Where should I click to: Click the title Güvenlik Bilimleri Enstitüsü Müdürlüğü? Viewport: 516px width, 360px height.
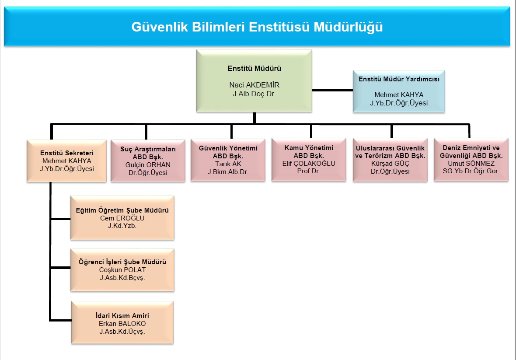257,27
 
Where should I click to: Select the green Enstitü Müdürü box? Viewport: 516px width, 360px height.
254,81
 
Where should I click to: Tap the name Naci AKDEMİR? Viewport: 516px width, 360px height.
255,85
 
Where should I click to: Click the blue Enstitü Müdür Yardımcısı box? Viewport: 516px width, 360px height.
399,91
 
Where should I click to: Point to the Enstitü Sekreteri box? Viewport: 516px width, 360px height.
67,161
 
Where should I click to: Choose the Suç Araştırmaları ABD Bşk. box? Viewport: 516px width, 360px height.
148,161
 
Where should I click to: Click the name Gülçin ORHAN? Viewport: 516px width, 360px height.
148,165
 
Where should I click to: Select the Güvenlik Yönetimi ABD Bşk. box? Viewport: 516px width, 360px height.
228,160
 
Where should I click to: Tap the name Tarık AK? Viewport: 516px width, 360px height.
228,164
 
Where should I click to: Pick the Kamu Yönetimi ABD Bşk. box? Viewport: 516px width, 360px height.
309,160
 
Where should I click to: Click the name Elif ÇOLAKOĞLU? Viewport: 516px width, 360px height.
309,164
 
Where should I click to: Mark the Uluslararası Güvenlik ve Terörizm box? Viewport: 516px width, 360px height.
390,160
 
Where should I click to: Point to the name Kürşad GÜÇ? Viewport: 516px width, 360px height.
390,164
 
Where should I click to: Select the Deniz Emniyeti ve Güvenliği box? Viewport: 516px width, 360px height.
471,160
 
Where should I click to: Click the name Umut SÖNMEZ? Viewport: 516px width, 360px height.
471,164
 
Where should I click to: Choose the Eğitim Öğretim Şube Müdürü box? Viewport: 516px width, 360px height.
122,218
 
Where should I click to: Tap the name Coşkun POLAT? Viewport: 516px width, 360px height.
122,270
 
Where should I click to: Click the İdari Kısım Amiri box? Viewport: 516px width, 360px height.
122,323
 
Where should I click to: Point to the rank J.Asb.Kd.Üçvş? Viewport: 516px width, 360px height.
122,332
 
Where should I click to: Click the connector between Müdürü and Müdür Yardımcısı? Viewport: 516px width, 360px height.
332,90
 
